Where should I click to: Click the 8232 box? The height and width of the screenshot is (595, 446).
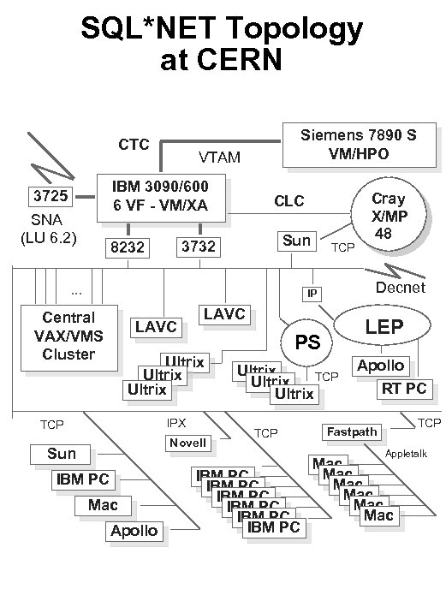pyautogui.click(x=126, y=248)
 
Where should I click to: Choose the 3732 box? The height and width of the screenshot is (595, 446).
pyautogui.click(x=197, y=247)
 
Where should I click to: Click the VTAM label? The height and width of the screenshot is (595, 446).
pyautogui.click(x=219, y=158)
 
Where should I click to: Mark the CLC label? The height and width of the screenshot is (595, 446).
pyautogui.click(x=288, y=202)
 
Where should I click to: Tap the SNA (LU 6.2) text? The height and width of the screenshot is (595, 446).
pyautogui.click(x=48, y=228)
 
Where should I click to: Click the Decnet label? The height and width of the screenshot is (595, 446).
pyautogui.click(x=401, y=287)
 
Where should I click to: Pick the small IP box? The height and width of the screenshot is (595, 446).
pyautogui.click(x=313, y=294)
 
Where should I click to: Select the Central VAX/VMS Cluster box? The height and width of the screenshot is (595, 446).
pyautogui.click(x=68, y=336)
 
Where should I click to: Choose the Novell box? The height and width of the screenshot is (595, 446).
pyautogui.click(x=187, y=443)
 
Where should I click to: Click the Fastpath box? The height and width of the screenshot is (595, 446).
pyautogui.click(x=351, y=431)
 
